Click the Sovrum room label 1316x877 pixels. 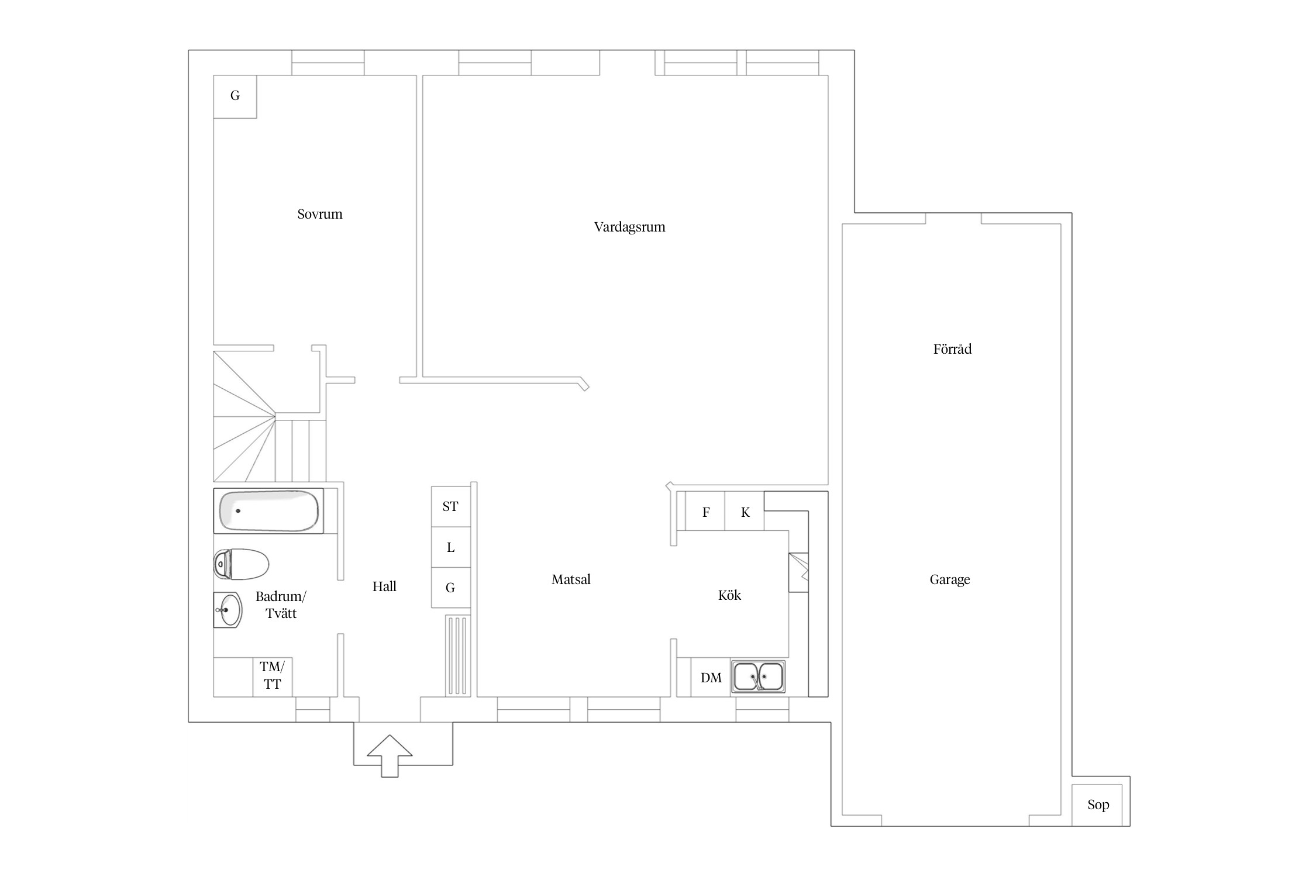320,214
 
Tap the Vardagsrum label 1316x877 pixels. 630,227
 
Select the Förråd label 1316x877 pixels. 952,349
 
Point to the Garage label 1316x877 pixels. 950,580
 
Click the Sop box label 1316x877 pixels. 1098,805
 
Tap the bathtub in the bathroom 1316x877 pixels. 268,511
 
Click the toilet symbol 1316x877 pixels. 241,564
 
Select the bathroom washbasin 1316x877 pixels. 228,610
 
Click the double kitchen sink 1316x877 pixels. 759,677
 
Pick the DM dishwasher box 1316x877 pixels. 711,678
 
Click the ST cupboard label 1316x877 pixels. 450,507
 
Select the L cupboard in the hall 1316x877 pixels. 451,547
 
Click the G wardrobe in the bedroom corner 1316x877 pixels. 235,96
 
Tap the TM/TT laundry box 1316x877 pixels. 273,677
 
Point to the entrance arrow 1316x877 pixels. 390,756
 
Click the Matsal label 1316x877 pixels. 571,579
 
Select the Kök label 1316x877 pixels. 729,595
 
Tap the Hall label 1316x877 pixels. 384,586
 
